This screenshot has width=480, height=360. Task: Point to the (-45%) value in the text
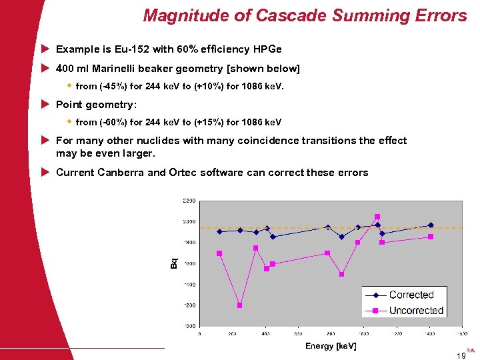point(113,86)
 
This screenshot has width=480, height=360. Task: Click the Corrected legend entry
point(411,295)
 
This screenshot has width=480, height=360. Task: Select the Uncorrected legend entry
point(415,311)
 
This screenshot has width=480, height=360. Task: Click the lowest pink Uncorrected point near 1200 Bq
point(239,305)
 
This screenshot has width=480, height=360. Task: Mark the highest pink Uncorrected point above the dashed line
point(377,217)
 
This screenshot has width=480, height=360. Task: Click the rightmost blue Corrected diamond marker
point(431,225)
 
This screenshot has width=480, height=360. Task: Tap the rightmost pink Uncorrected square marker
point(431,237)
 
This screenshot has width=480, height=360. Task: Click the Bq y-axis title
point(175,264)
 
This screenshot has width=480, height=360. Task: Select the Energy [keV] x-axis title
point(331,345)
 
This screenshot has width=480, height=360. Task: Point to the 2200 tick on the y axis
point(189,201)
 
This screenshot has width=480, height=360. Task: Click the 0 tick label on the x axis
point(200,333)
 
